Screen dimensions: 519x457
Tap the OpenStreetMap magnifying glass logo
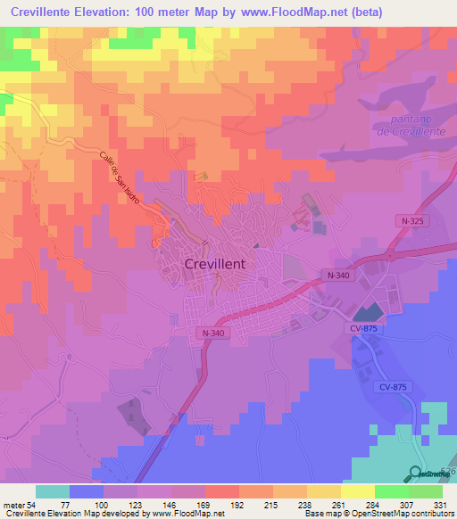pos(416,473)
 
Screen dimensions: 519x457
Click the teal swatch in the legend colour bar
pos(53,491)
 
